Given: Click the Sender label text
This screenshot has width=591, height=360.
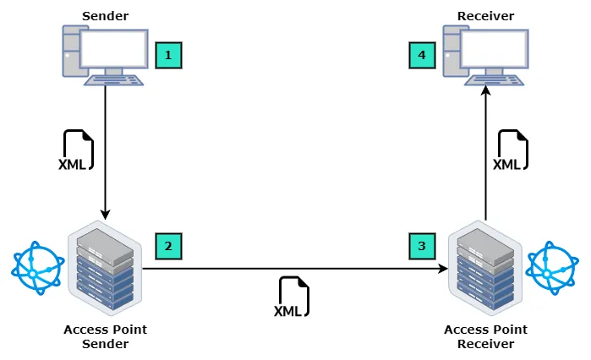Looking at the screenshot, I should pyautogui.click(x=105, y=15).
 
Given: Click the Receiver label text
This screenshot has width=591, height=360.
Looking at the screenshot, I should pyautogui.click(x=485, y=15).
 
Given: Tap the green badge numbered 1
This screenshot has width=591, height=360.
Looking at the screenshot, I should pyautogui.click(x=168, y=56).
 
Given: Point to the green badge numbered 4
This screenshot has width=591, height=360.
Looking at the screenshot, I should pyautogui.click(x=422, y=56).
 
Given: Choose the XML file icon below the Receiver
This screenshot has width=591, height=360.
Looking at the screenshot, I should pyautogui.click(x=512, y=150).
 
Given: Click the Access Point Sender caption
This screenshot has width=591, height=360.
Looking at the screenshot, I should pyautogui.click(x=105, y=336).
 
